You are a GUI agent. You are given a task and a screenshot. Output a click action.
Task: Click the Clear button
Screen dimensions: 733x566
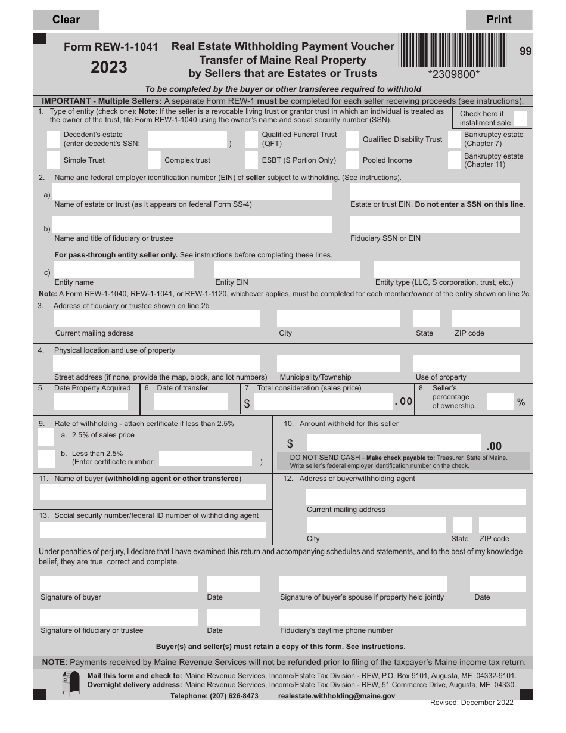click(66, 20)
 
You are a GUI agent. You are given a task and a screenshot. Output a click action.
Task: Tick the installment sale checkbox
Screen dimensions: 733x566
click(520, 118)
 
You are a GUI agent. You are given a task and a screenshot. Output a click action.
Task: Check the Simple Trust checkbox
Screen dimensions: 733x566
click(53, 160)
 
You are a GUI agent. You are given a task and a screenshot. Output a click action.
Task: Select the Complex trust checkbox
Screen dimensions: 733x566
click(154, 160)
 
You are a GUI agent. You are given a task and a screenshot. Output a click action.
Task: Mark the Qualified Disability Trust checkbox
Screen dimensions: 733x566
click(352, 139)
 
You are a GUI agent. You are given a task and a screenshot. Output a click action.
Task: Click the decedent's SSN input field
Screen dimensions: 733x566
click(187, 139)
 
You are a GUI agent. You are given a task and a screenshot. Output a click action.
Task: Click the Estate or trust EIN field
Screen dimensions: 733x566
click(434, 191)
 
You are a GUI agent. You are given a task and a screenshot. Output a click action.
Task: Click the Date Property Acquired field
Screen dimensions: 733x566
click(91, 402)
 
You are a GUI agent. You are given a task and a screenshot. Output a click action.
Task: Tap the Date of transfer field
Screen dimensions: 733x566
click(191, 402)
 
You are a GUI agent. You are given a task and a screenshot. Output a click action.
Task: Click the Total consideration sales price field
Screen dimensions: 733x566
click(323, 402)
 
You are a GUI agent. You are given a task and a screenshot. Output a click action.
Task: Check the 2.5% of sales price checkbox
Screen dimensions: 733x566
click(46, 437)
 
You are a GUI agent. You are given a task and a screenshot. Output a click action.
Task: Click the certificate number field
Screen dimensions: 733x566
click(206, 458)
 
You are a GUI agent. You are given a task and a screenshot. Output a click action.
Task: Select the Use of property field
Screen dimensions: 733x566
click(466, 364)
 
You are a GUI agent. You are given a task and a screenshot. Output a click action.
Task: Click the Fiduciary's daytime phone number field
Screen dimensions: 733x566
click(402, 617)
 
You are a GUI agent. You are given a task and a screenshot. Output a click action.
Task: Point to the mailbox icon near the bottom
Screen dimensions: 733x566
click(71, 683)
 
